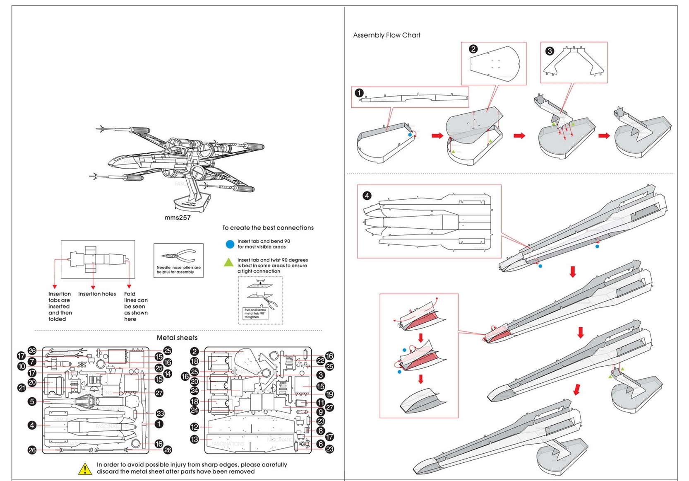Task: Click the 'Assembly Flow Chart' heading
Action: [387, 35]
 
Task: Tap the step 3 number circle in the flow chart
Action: [550, 51]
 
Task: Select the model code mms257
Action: [178, 218]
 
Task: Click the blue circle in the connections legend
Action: [230, 244]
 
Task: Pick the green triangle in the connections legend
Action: [228, 262]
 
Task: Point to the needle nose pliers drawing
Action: [179, 256]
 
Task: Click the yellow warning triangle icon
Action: [85, 469]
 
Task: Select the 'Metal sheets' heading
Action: [177, 338]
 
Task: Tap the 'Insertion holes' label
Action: [97, 294]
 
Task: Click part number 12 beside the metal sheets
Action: [194, 427]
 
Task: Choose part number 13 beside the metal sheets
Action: [194, 439]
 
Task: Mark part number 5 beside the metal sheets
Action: [32, 401]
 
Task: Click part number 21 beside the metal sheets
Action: [22, 388]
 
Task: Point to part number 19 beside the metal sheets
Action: [329, 394]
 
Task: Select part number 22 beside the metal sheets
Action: [320, 361]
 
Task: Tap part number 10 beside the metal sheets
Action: [22, 366]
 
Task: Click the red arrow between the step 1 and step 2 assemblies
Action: [437, 135]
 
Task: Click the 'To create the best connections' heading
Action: [268, 228]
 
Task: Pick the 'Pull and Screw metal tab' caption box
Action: [255, 313]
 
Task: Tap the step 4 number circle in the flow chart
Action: [367, 196]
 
